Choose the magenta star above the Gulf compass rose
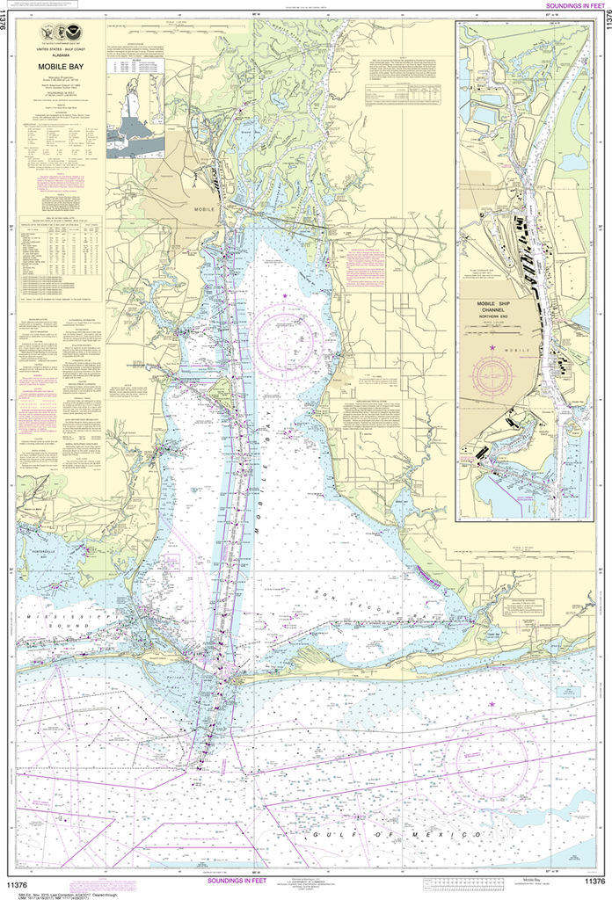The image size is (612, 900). tap(492, 704)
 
